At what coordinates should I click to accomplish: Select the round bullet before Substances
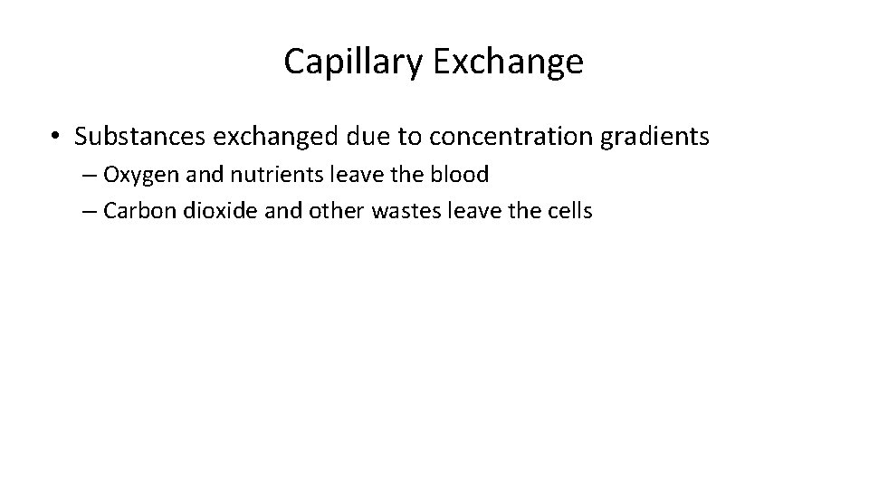(x=56, y=137)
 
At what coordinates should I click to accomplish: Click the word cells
(x=568, y=211)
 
